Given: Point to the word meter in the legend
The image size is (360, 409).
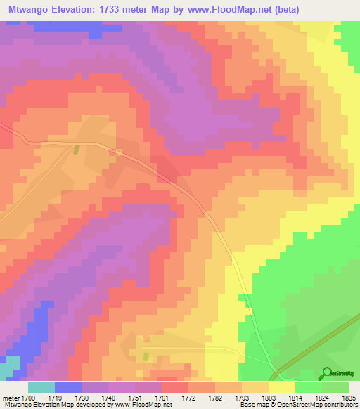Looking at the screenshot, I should coord(11,397).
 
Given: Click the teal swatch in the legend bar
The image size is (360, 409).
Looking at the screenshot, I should coord(41,387).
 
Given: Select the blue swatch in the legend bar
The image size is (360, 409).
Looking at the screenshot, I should coord(68,387).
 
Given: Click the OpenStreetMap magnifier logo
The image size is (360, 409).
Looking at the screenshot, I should coord(327,373).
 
